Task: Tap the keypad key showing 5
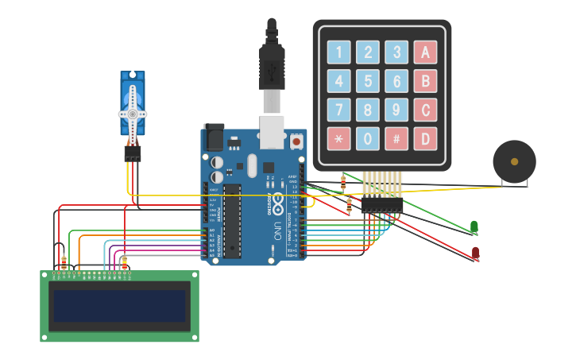[x=367, y=81]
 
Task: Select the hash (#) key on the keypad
[x=396, y=138]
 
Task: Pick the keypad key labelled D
[x=425, y=138]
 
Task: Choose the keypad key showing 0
[x=367, y=138]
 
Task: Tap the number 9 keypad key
[x=396, y=110]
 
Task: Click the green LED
[x=474, y=227]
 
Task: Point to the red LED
[x=475, y=253]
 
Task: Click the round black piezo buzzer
[x=514, y=161]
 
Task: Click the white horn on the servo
[x=133, y=113]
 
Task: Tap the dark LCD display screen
[x=119, y=306]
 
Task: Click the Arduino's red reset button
[x=296, y=141]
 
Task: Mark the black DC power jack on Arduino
[x=214, y=138]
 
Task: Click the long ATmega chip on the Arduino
[x=232, y=221]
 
